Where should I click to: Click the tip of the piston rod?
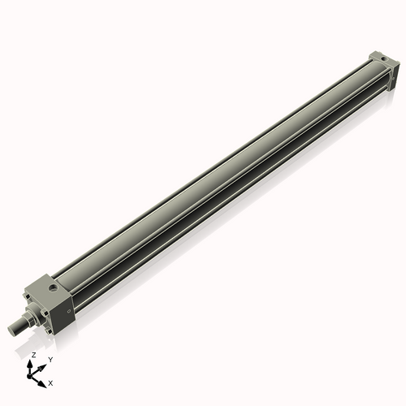coord(11,330)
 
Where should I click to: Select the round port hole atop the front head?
coord(53,287)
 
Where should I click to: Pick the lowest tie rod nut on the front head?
coord(50,330)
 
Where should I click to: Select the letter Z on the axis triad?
coord(33,355)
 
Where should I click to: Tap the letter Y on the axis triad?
coord(50,359)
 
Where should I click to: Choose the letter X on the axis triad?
coord(50,382)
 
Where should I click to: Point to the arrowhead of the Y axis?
coord(44,364)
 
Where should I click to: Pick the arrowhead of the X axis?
coord(44,378)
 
